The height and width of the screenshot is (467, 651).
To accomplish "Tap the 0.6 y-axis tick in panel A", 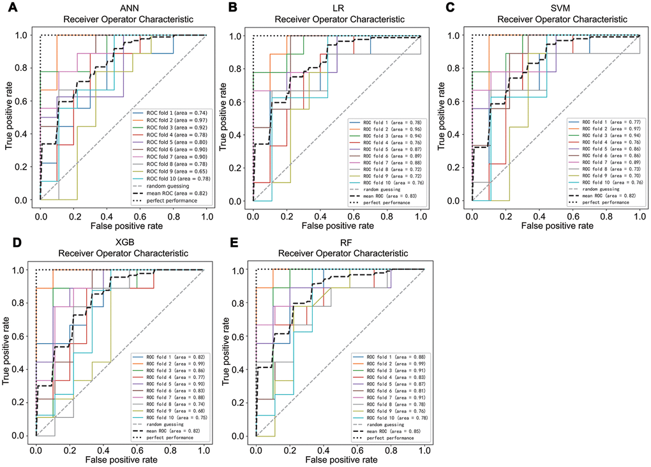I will [x=25, y=101].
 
